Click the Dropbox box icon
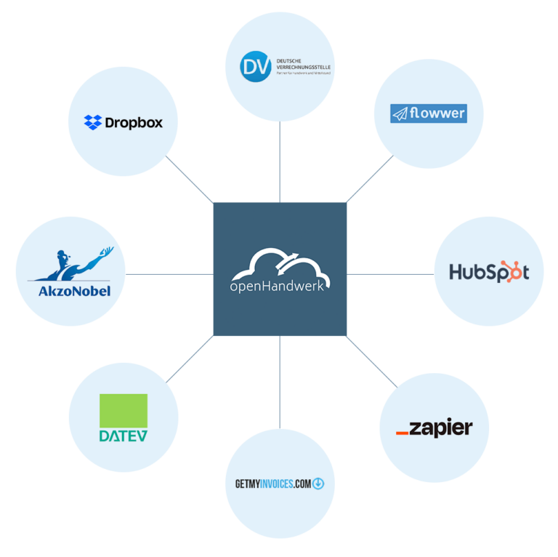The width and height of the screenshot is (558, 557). [x=93, y=122]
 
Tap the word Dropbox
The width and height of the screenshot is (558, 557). [x=134, y=123]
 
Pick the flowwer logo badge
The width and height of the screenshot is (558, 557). [x=428, y=113]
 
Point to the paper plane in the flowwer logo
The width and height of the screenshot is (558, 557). [x=400, y=113]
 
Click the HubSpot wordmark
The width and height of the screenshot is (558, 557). [x=489, y=273]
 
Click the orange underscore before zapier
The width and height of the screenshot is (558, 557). [x=402, y=433]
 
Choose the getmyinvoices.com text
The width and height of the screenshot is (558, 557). [x=272, y=483]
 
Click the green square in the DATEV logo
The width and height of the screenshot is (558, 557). [x=123, y=410]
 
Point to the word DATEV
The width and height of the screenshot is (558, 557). [x=123, y=436]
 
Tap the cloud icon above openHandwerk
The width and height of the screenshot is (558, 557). [x=279, y=263]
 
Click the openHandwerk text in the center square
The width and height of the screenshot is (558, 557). [x=279, y=286]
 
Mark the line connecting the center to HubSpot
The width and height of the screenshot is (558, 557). [x=390, y=274]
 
